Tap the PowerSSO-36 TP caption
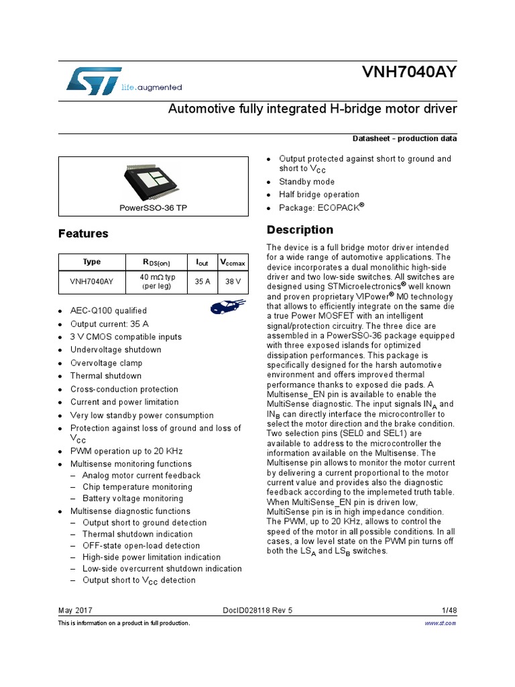pos(154,208)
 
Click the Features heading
pos(83,234)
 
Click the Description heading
pos(300,230)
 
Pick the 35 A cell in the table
pos(203,282)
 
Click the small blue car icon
pos(221,307)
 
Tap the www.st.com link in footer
pos(441,623)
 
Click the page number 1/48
pos(449,611)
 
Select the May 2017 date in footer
pos(76,611)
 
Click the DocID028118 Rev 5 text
pos(257,611)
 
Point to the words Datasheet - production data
pos(404,139)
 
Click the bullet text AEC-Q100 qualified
pos(108,311)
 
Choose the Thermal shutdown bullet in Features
pos(106,376)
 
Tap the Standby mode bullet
pos(306,182)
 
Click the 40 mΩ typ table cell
pos(158,282)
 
